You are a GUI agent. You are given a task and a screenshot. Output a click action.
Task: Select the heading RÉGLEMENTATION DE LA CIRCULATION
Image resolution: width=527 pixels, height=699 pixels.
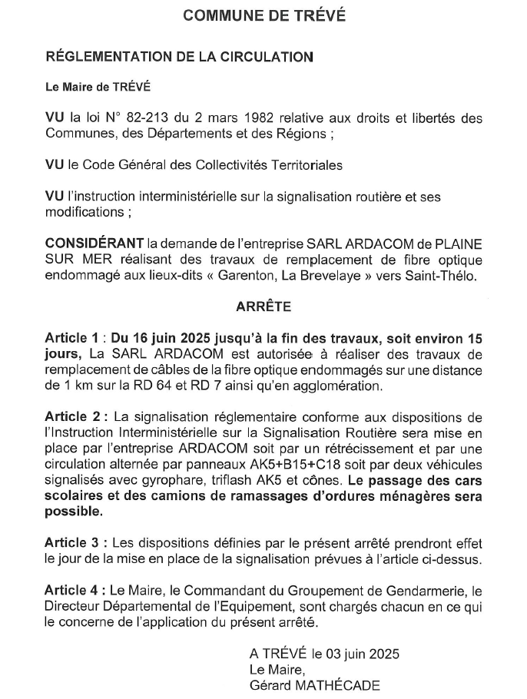pos(180,56)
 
